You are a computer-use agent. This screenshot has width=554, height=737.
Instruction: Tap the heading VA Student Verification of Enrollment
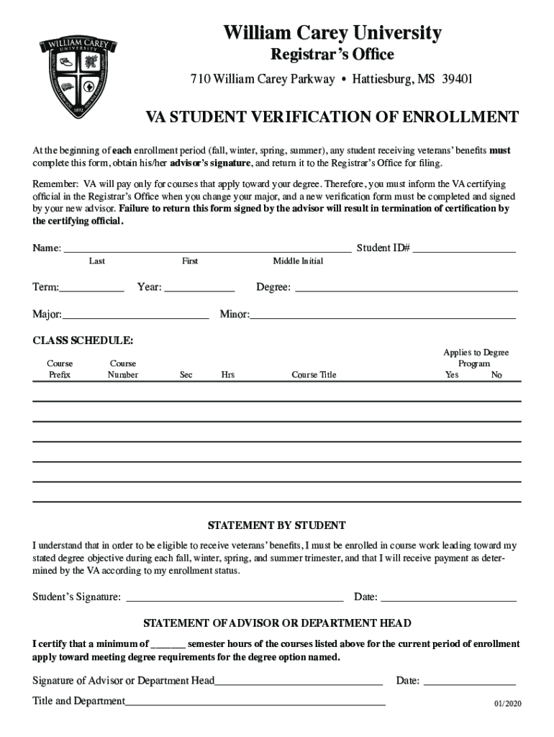[x=332, y=118]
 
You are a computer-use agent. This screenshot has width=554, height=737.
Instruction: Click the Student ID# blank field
[x=464, y=248]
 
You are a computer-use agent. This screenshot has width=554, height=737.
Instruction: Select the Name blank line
[x=208, y=248]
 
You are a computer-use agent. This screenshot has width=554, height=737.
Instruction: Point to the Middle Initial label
[x=298, y=261]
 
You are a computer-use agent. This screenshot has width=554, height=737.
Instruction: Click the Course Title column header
[x=314, y=375]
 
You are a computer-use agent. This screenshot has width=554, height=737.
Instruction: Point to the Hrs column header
[x=228, y=375]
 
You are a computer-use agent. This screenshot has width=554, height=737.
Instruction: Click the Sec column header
[x=186, y=375]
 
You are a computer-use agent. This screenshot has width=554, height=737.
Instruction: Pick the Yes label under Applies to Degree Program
[x=452, y=375]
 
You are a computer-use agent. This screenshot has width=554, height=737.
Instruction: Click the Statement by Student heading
[x=277, y=525]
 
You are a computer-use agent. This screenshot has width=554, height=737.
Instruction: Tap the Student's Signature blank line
[x=235, y=597]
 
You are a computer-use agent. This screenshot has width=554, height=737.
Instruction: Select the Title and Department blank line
[x=255, y=701]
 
